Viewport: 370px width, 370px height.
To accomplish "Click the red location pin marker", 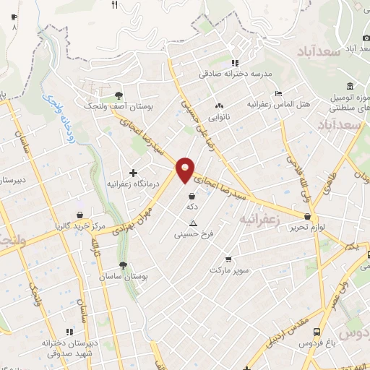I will (186, 169).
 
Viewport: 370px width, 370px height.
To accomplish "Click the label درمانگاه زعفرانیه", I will (133, 184).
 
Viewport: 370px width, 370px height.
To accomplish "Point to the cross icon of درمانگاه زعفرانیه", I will (132, 173).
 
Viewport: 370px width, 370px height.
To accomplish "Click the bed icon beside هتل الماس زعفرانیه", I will (279, 93).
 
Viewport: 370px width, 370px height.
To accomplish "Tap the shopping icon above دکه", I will (192, 196).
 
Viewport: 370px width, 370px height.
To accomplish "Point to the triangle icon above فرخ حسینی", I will (192, 223).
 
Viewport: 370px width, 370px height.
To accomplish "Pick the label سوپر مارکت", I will (229, 270).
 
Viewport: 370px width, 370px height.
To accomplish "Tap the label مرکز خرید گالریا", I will (79, 225).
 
